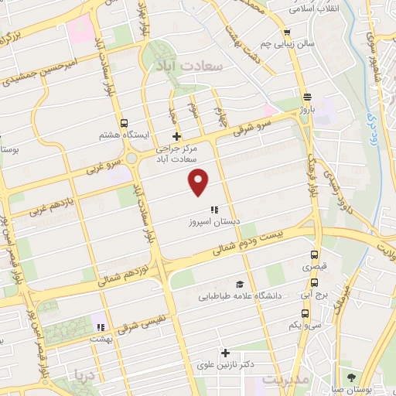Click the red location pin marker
point(199,181)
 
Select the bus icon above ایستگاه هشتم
point(124,123)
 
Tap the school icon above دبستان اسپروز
point(214,210)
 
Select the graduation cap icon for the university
point(239,284)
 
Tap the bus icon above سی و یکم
point(306,314)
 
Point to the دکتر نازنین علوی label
point(227,364)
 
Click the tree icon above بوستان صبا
point(353,377)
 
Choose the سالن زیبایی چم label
point(288,44)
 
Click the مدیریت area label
point(285,381)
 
